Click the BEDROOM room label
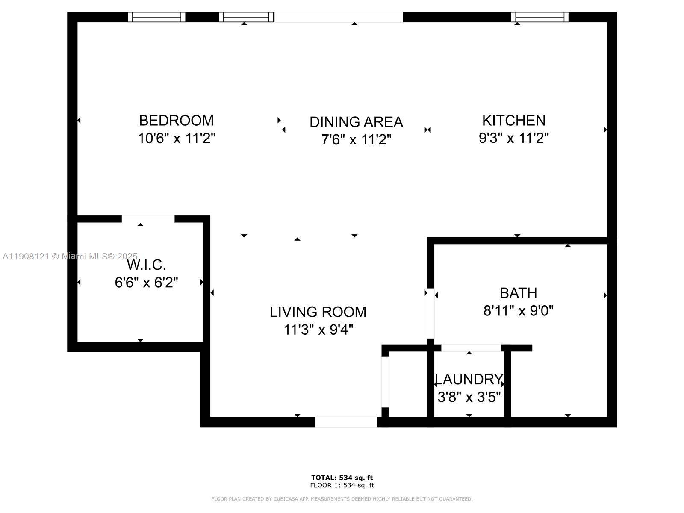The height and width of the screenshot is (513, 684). (x=176, y=121)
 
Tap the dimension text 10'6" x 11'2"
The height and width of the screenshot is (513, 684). (x=176, y=139)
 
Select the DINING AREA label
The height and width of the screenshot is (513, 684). (x=356, y=122)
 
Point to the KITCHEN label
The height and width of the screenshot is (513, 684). (x=513, y=121)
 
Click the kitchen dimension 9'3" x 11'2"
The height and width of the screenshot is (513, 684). (x=513, y=138)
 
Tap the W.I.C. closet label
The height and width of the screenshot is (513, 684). (x=146, y=265)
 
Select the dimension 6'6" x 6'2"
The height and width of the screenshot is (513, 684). (x=146, y=283)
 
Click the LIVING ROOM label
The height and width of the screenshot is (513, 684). (x=318, y=312)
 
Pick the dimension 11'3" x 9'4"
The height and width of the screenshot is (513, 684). (x=318, y=330)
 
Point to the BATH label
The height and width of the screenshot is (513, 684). (x=518, y=293)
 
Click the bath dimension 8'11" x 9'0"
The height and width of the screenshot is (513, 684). (x=518, y=311)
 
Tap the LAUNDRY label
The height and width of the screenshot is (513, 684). (x=469, y=380)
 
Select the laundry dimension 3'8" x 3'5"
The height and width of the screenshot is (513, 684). (x=469, y=397)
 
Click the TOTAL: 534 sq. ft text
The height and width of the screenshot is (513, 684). (x=342, y=478)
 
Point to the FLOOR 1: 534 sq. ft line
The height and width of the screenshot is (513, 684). (x=342, y=485)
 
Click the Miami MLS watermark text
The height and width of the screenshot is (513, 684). (x=70, y=256)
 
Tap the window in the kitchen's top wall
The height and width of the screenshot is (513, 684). (x=540, y=17)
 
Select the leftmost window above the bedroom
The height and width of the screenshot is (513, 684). (x=156, y=17)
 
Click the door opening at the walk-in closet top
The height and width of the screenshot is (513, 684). (x=148, y=219)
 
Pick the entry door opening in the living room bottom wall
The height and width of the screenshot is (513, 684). (x=346, y=422)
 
